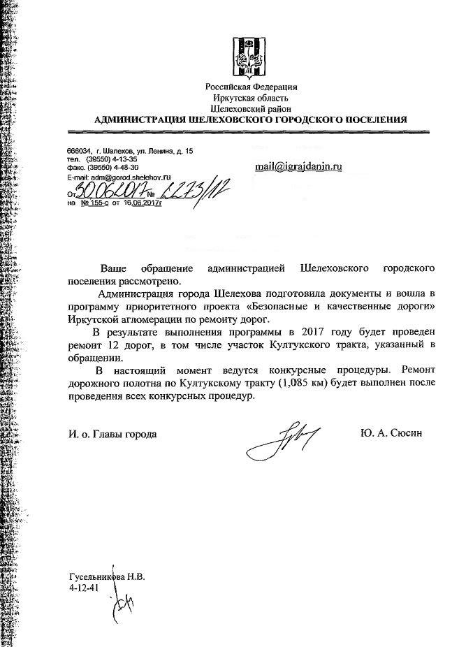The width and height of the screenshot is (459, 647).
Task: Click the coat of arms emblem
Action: (x=251, y=56)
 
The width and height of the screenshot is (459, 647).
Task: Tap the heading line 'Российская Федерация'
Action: (x=251, y=87)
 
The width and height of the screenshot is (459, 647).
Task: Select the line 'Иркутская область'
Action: (x=251, y=99)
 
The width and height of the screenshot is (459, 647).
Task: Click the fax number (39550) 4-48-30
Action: (x=112, y=168)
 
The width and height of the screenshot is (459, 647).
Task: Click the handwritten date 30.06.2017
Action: (x=105, y=189)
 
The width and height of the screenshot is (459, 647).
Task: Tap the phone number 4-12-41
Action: (x=83, y=589)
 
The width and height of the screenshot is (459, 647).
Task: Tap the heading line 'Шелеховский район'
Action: (x=251, y=109)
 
